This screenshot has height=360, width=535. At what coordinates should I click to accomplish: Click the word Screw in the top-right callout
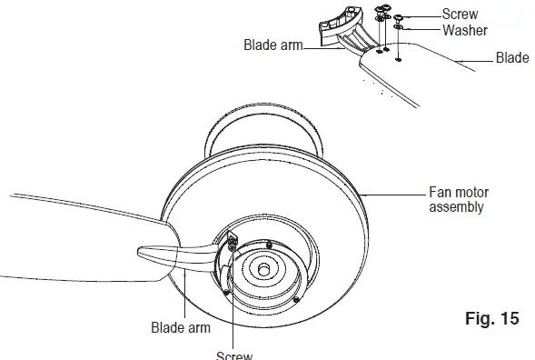(x=460, y=15)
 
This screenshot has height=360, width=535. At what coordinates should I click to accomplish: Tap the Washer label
(x=465, y=29)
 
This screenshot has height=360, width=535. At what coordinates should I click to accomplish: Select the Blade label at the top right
(x=512, y=58)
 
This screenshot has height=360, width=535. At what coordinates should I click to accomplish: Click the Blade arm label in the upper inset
(x=272, y=44)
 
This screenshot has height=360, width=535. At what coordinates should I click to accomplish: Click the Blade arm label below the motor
(x=181, y=327)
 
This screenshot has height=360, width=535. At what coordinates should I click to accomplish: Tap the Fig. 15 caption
(x=490, y=318)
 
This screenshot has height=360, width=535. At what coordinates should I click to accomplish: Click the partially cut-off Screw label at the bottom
(x=233, y=355)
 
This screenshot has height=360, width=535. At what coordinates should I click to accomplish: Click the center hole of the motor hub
(x=263, y=270)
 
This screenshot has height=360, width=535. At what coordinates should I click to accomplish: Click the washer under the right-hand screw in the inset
(x=399, y=28)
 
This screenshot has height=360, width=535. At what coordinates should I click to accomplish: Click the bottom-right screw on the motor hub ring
(x=296, y=298)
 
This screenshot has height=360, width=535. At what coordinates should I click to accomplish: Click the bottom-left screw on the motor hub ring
(x=224, y=292)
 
